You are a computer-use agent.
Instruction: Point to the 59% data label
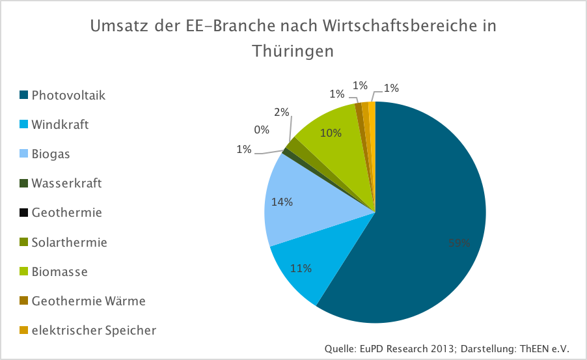459,243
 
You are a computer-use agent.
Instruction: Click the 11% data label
301,268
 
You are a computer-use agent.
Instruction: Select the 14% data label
282,202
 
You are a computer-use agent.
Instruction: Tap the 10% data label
331,133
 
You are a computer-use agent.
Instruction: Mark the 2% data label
282,112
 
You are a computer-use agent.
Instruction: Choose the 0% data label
262,130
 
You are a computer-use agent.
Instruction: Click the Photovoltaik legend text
68,95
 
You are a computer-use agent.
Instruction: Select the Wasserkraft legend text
66,184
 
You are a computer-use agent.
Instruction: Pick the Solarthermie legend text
69,242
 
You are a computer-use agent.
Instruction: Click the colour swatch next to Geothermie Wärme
23,301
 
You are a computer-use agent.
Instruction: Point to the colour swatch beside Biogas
23,154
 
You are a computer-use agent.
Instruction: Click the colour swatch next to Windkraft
23,124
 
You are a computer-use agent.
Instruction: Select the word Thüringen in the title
293,51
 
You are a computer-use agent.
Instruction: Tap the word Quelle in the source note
340,349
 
